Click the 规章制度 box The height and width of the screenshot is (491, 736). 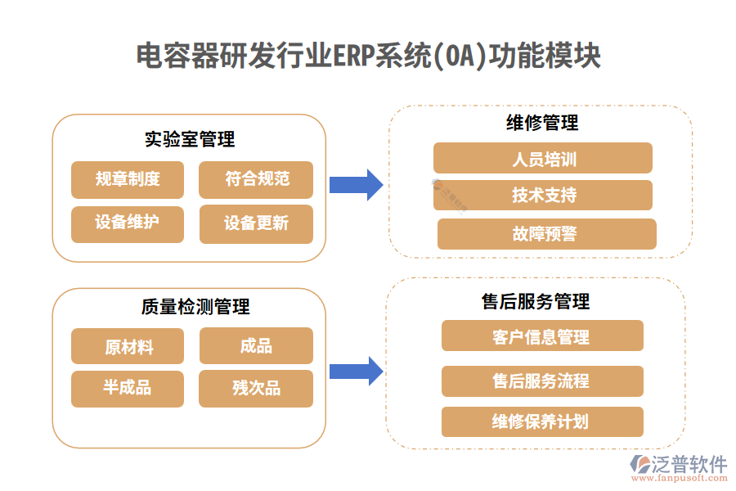[x=128, y=179]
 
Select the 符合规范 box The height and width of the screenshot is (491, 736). [x=256, y=179]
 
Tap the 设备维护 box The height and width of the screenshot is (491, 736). [x=128, y=223]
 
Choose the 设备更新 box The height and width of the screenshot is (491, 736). [x=256, y=223]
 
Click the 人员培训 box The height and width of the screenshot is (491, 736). [x=543, y=158]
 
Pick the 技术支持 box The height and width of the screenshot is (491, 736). [x=543, y=195]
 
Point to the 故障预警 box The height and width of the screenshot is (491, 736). [x=546, y=234]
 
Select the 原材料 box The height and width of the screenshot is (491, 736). [x=128, y=346]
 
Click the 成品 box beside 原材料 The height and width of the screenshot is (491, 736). [x=256, y=346]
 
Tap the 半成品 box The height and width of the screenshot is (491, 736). [x=128, y=388]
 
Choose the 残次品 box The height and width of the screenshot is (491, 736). [x=256, y=388]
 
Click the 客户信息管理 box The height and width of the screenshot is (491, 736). [x=542, y=336]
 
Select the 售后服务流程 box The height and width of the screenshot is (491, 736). [x=542, y=381]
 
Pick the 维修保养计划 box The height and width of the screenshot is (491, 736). [x=542, y=421]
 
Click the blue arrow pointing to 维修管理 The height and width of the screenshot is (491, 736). [x=356, y=185]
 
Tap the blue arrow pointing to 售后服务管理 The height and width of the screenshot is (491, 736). [x=356, y=371]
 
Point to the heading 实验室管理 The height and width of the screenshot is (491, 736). [x=190, y=139]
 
